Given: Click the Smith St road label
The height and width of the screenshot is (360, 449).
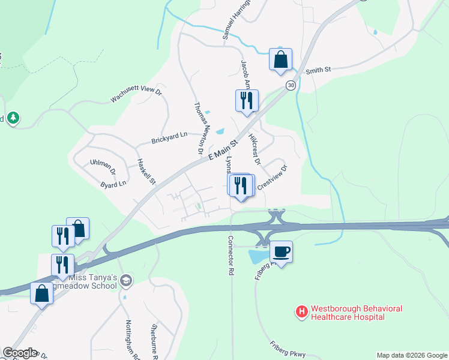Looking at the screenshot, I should point(318,70).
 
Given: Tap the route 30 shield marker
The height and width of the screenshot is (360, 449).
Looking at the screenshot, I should point(291,86).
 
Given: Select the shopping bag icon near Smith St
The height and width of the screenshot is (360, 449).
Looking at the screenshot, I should point(280,59).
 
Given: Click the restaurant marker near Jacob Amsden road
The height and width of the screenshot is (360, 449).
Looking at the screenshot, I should point(246,100).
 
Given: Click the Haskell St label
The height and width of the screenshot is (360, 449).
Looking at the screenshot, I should point(146,172).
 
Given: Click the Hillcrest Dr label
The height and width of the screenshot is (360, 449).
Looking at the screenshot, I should point(255,149).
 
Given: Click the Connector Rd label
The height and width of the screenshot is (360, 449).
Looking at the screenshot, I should point(230,255).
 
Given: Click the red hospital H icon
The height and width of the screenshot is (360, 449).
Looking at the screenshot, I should point(301,312).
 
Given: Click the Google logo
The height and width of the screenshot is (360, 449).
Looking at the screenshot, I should point(20,353).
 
